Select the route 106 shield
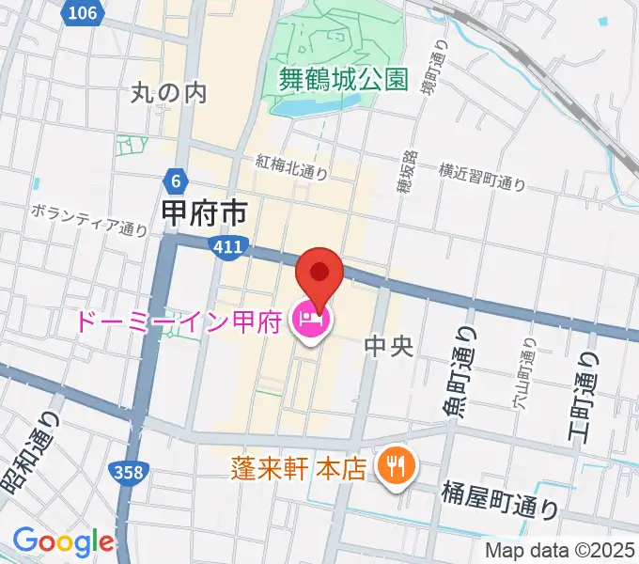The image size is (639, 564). point(83,12)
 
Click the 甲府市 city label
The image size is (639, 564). point(204,213)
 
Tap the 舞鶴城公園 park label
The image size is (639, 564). point(344,79)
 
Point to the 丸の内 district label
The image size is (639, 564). point(168,92)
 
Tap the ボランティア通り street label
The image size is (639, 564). point(89,218)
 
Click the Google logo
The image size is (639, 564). point(63,541)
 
